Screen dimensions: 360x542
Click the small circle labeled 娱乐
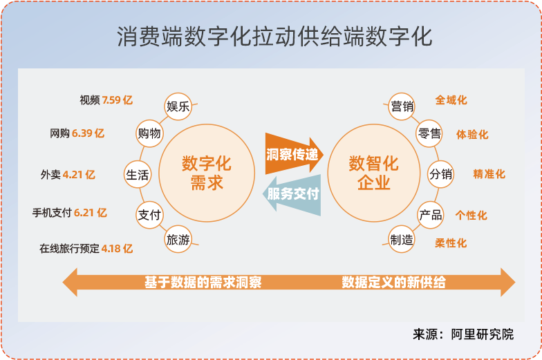point(178,106)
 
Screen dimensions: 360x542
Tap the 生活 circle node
point(138,175)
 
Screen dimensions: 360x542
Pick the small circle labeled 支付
point(149,215)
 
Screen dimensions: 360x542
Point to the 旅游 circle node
point(178,240)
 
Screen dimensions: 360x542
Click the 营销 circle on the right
point(402,106)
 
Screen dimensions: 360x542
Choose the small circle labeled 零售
point(429,133)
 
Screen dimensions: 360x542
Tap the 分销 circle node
point(441,174)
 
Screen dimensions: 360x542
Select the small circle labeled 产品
point(430,215)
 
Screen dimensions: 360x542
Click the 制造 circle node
point(402,240)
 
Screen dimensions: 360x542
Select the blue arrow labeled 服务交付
point(293,195)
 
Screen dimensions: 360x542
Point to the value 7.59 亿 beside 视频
point(117,100)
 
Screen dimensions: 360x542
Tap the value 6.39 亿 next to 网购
point(88,133)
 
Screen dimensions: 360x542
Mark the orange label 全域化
point(451,100)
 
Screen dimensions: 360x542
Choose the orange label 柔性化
point(451,243)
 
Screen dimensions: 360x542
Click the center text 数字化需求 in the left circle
point(207,173)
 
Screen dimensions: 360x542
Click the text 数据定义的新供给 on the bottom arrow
point(393,283)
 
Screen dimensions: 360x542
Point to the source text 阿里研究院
point(489,334)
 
